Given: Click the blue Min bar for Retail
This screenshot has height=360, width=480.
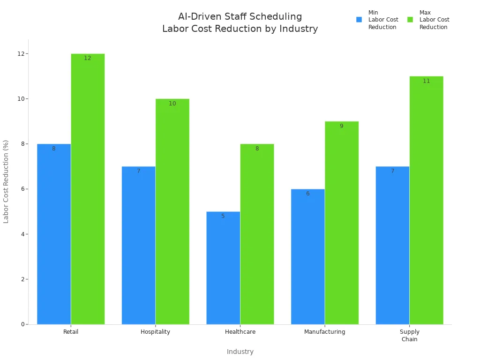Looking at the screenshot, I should coord(54,234).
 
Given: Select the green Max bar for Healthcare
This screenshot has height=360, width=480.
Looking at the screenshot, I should coord(257,234).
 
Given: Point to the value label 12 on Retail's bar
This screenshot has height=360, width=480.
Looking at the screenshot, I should coord(88,59).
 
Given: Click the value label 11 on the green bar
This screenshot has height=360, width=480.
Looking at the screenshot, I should coord(426,81).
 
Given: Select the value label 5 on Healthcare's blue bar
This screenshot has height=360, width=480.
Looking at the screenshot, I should coord(223,216).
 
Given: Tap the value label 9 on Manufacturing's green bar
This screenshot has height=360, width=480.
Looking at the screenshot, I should coord(341,126).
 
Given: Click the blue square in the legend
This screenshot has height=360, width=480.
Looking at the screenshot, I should coord(359,20).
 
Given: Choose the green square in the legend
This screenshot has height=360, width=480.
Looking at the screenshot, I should coord(410,20).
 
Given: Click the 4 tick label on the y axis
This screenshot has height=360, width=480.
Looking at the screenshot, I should coord(22,234).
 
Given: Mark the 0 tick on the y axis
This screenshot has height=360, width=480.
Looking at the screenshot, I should coord(22,324).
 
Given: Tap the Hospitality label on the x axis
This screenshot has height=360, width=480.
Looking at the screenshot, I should coord(155,332).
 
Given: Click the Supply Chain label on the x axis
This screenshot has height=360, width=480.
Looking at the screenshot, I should coord(409,336).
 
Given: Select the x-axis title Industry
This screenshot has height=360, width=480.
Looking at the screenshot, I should coord(240,352).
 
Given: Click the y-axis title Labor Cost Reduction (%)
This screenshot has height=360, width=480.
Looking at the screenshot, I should coord(6,181).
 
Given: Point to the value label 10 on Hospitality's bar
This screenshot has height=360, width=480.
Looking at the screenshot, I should coord(172,104).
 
